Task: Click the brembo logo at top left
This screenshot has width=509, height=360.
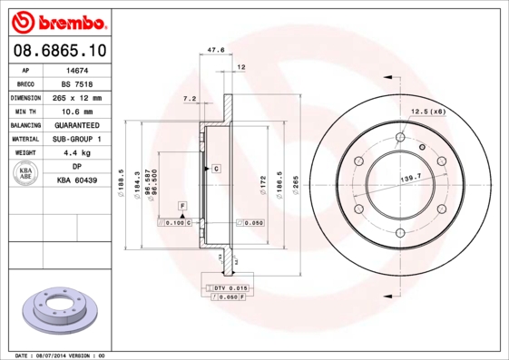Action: pyautogui.click(x=58, y=19)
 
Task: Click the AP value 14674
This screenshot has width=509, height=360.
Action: pyautogui.click(x=77, y=70)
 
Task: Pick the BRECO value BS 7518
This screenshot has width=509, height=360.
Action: pyautogui.click(x=77, y=83)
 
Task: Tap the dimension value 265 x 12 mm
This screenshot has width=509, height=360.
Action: pyautogui.click(x=77, y=97)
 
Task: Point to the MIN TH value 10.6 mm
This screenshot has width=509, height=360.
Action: pyautogui.click(x=77, y=111)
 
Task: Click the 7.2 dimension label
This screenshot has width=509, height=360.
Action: pyautogui.click(x=190, y=97)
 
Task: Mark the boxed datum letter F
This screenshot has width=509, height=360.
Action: pyautogui.click(x=182, y=208)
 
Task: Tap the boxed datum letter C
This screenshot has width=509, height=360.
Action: pyautogui.click(x=217, y=169)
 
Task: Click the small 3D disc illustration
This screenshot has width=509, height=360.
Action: pyautogui.click(x=57, y=312)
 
